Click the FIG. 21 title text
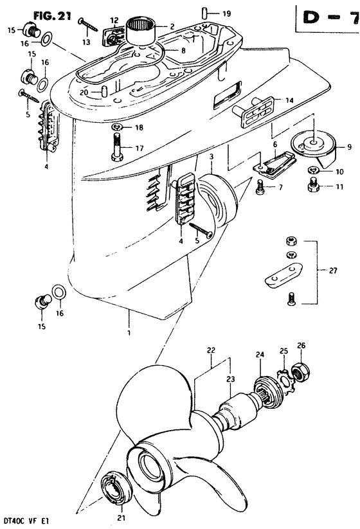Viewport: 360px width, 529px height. tap(52, 16)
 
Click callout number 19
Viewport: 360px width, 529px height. tap(226, 14)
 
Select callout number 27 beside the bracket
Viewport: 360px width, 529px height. tap(332, 270)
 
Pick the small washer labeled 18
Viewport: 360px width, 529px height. tap(117, 127)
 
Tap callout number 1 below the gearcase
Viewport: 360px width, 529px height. tap(129, 333)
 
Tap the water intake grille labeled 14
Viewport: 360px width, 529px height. tap(256, 112)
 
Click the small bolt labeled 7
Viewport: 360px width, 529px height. tap(260, 187)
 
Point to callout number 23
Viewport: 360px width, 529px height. tap(230, 379)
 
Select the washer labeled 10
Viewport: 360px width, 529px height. tap(313, 169)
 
